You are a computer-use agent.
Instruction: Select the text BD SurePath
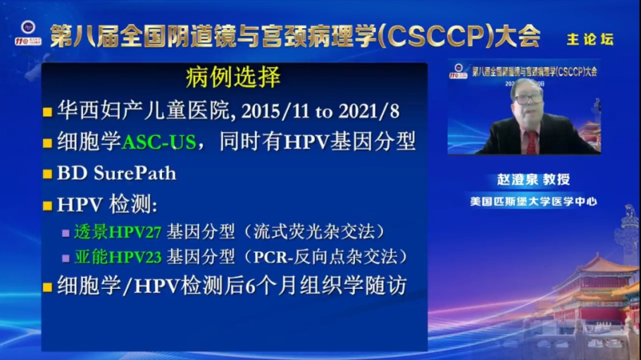coord(116,173)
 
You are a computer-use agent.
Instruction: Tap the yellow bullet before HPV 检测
coord(47,206)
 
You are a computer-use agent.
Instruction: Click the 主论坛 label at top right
coord(590,39)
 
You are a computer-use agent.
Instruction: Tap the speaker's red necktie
coord(531,142)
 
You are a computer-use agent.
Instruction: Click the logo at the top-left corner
coord(29,35)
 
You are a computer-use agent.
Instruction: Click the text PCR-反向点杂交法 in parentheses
coord(351,256)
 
